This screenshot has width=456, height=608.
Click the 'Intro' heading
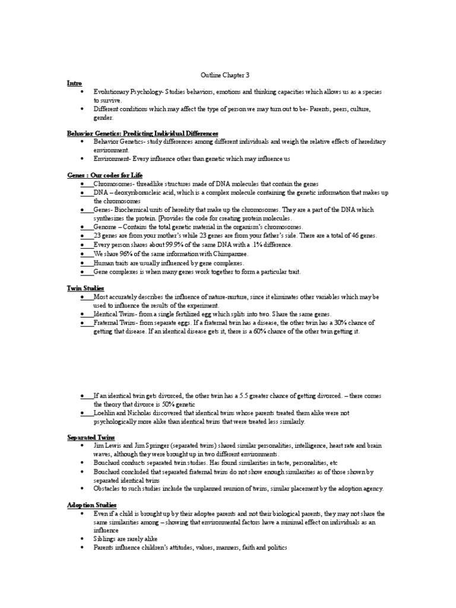74,84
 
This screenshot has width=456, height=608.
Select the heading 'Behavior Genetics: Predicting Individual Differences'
142,134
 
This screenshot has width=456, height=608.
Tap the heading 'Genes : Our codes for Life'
104,176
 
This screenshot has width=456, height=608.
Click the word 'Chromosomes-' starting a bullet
113,185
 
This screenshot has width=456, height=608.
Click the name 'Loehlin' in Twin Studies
105,413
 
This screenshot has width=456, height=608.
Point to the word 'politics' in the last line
275,547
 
